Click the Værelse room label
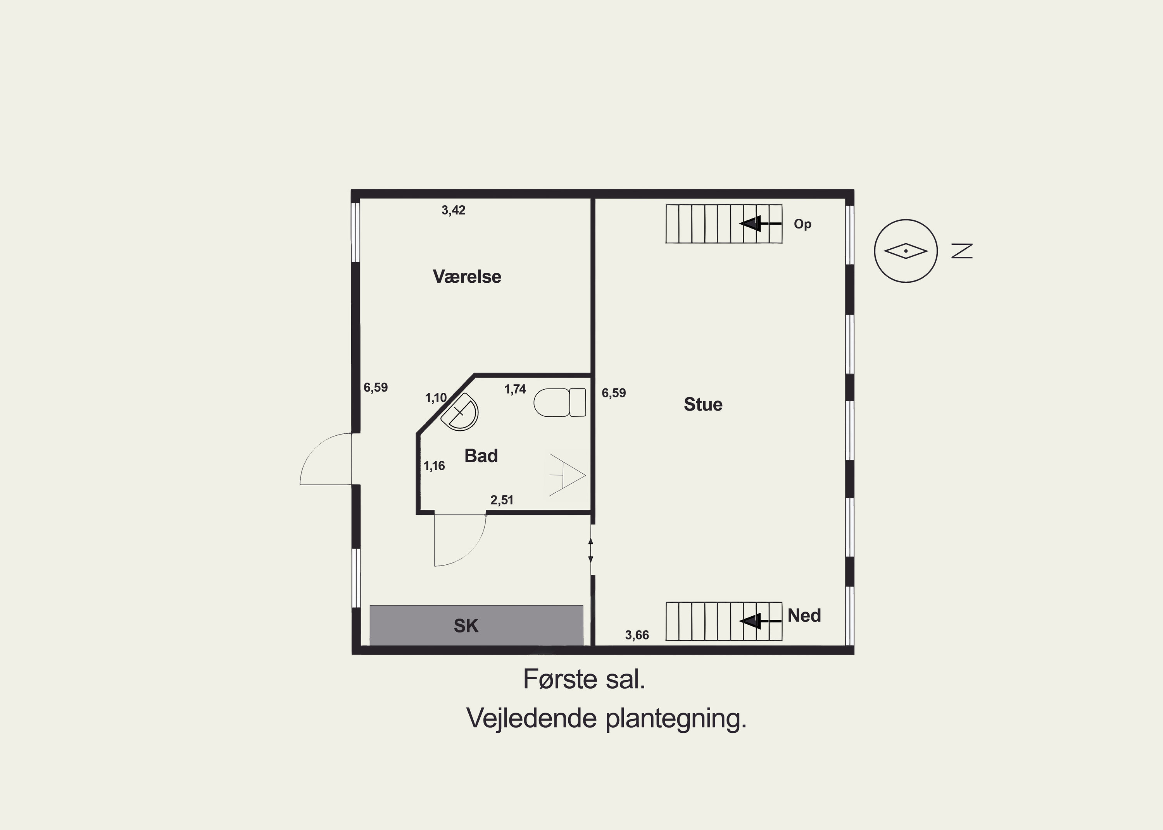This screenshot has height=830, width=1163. coord(467,277)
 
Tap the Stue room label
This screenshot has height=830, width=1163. coord(703,404)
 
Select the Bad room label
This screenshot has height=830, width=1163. coord(481,455)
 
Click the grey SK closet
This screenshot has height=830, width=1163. coord(476,625)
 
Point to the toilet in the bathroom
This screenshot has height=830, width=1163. coord(559,402)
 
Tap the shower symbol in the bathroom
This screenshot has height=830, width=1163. coord(567,474)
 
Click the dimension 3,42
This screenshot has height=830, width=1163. coord(453,210)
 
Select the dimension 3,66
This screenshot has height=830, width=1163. coord(637,635)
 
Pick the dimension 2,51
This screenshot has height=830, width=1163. coord(502,500)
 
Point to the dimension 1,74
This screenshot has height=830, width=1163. coord(515,390)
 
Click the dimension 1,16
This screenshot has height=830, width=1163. coord(434,466)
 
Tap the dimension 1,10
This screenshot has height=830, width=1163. coord(436,398)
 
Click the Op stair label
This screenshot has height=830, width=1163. coord(802,224)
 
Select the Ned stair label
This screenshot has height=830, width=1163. coord(804,615)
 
